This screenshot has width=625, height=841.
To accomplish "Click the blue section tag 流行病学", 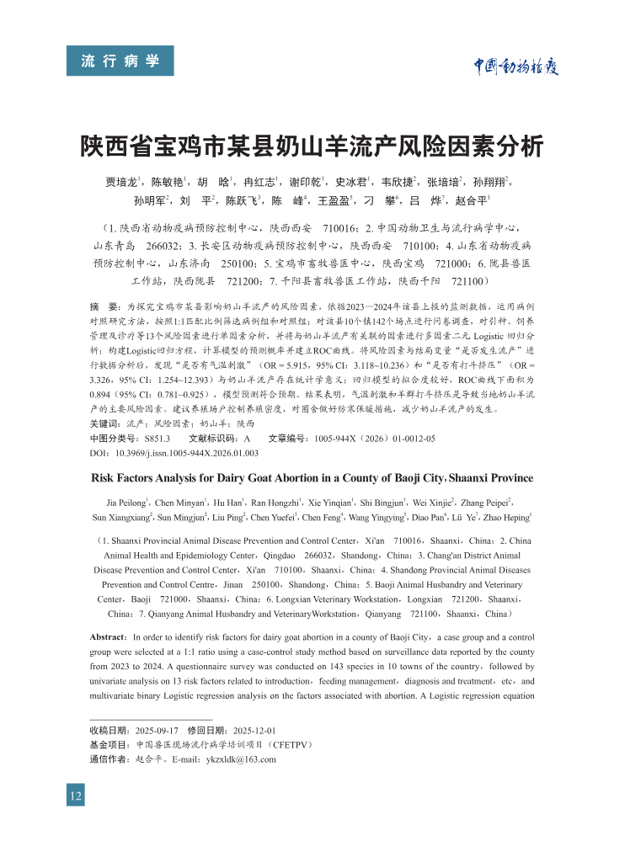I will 120,61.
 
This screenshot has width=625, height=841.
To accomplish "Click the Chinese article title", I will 312,147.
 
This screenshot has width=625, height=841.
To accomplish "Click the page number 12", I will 76,794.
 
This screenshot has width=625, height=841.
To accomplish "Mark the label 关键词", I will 105,424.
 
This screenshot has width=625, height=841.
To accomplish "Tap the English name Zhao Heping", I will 506,517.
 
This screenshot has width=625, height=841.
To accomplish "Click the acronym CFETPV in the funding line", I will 289,745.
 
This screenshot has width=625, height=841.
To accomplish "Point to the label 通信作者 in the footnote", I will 110,759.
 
